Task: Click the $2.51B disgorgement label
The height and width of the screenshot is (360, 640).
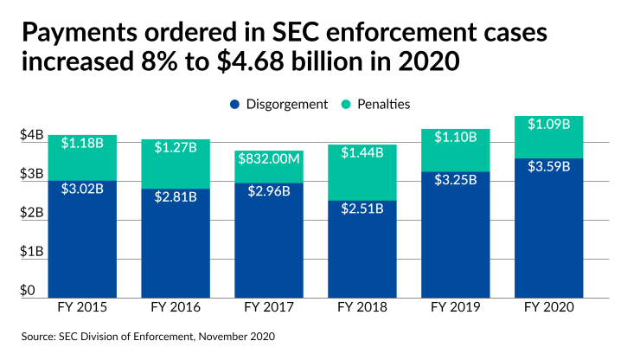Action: coord(362,209)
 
